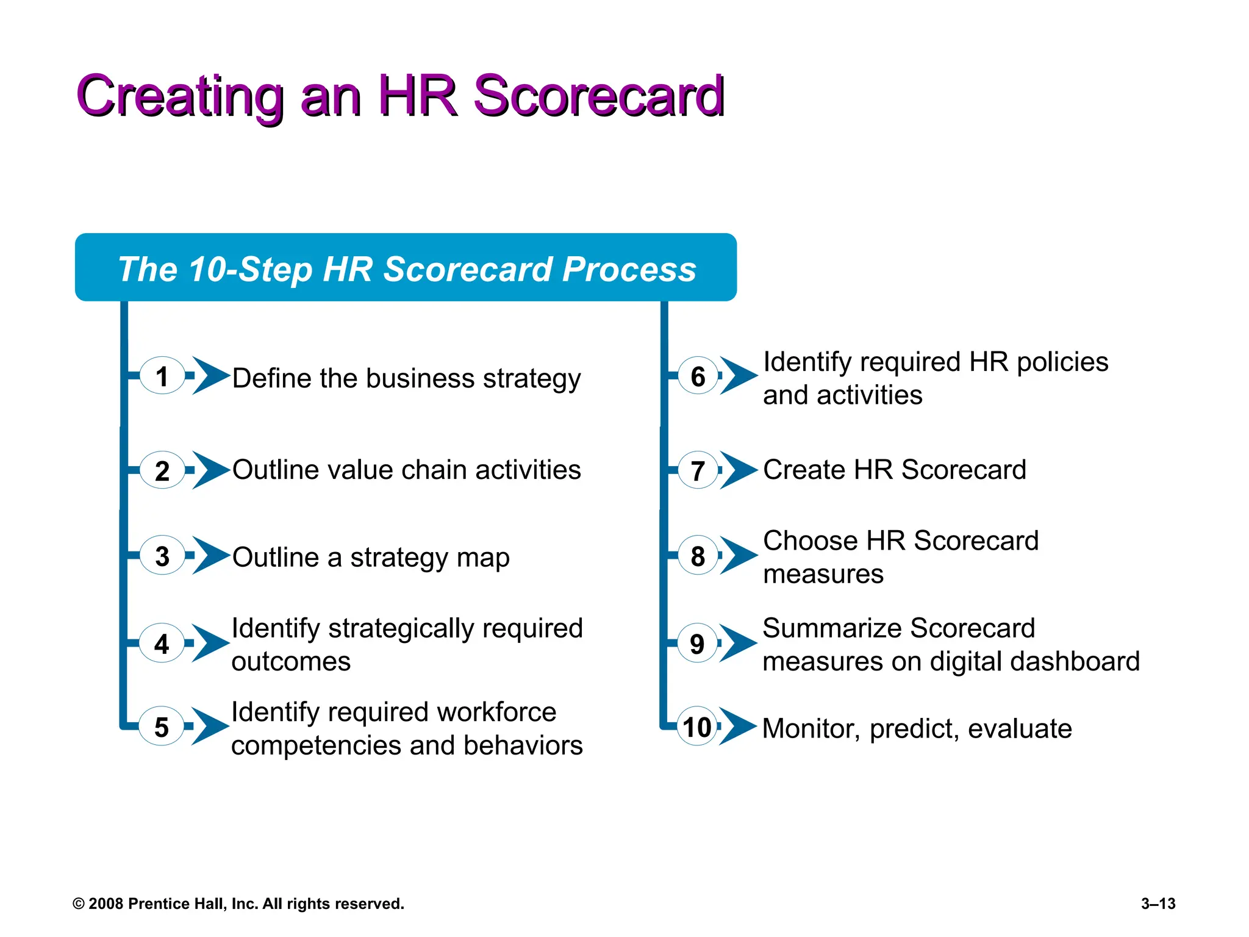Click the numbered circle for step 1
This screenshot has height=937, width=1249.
pos(162,376)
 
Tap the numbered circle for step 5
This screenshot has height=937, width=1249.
pos(161,727)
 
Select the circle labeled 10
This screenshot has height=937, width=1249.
pos(697,727)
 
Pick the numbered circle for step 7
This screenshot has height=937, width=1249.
pos(698,470)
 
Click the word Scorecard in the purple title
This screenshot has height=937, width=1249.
pos(598,96)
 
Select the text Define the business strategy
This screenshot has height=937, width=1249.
pos(406,378)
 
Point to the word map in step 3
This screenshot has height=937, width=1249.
pos(482,558)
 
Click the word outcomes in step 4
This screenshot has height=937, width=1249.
pos(291,662)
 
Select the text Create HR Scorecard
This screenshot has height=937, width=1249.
pos(894,470)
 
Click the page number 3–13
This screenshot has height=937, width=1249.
pos(1158,903)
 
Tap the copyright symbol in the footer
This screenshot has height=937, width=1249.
pos(79,904)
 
